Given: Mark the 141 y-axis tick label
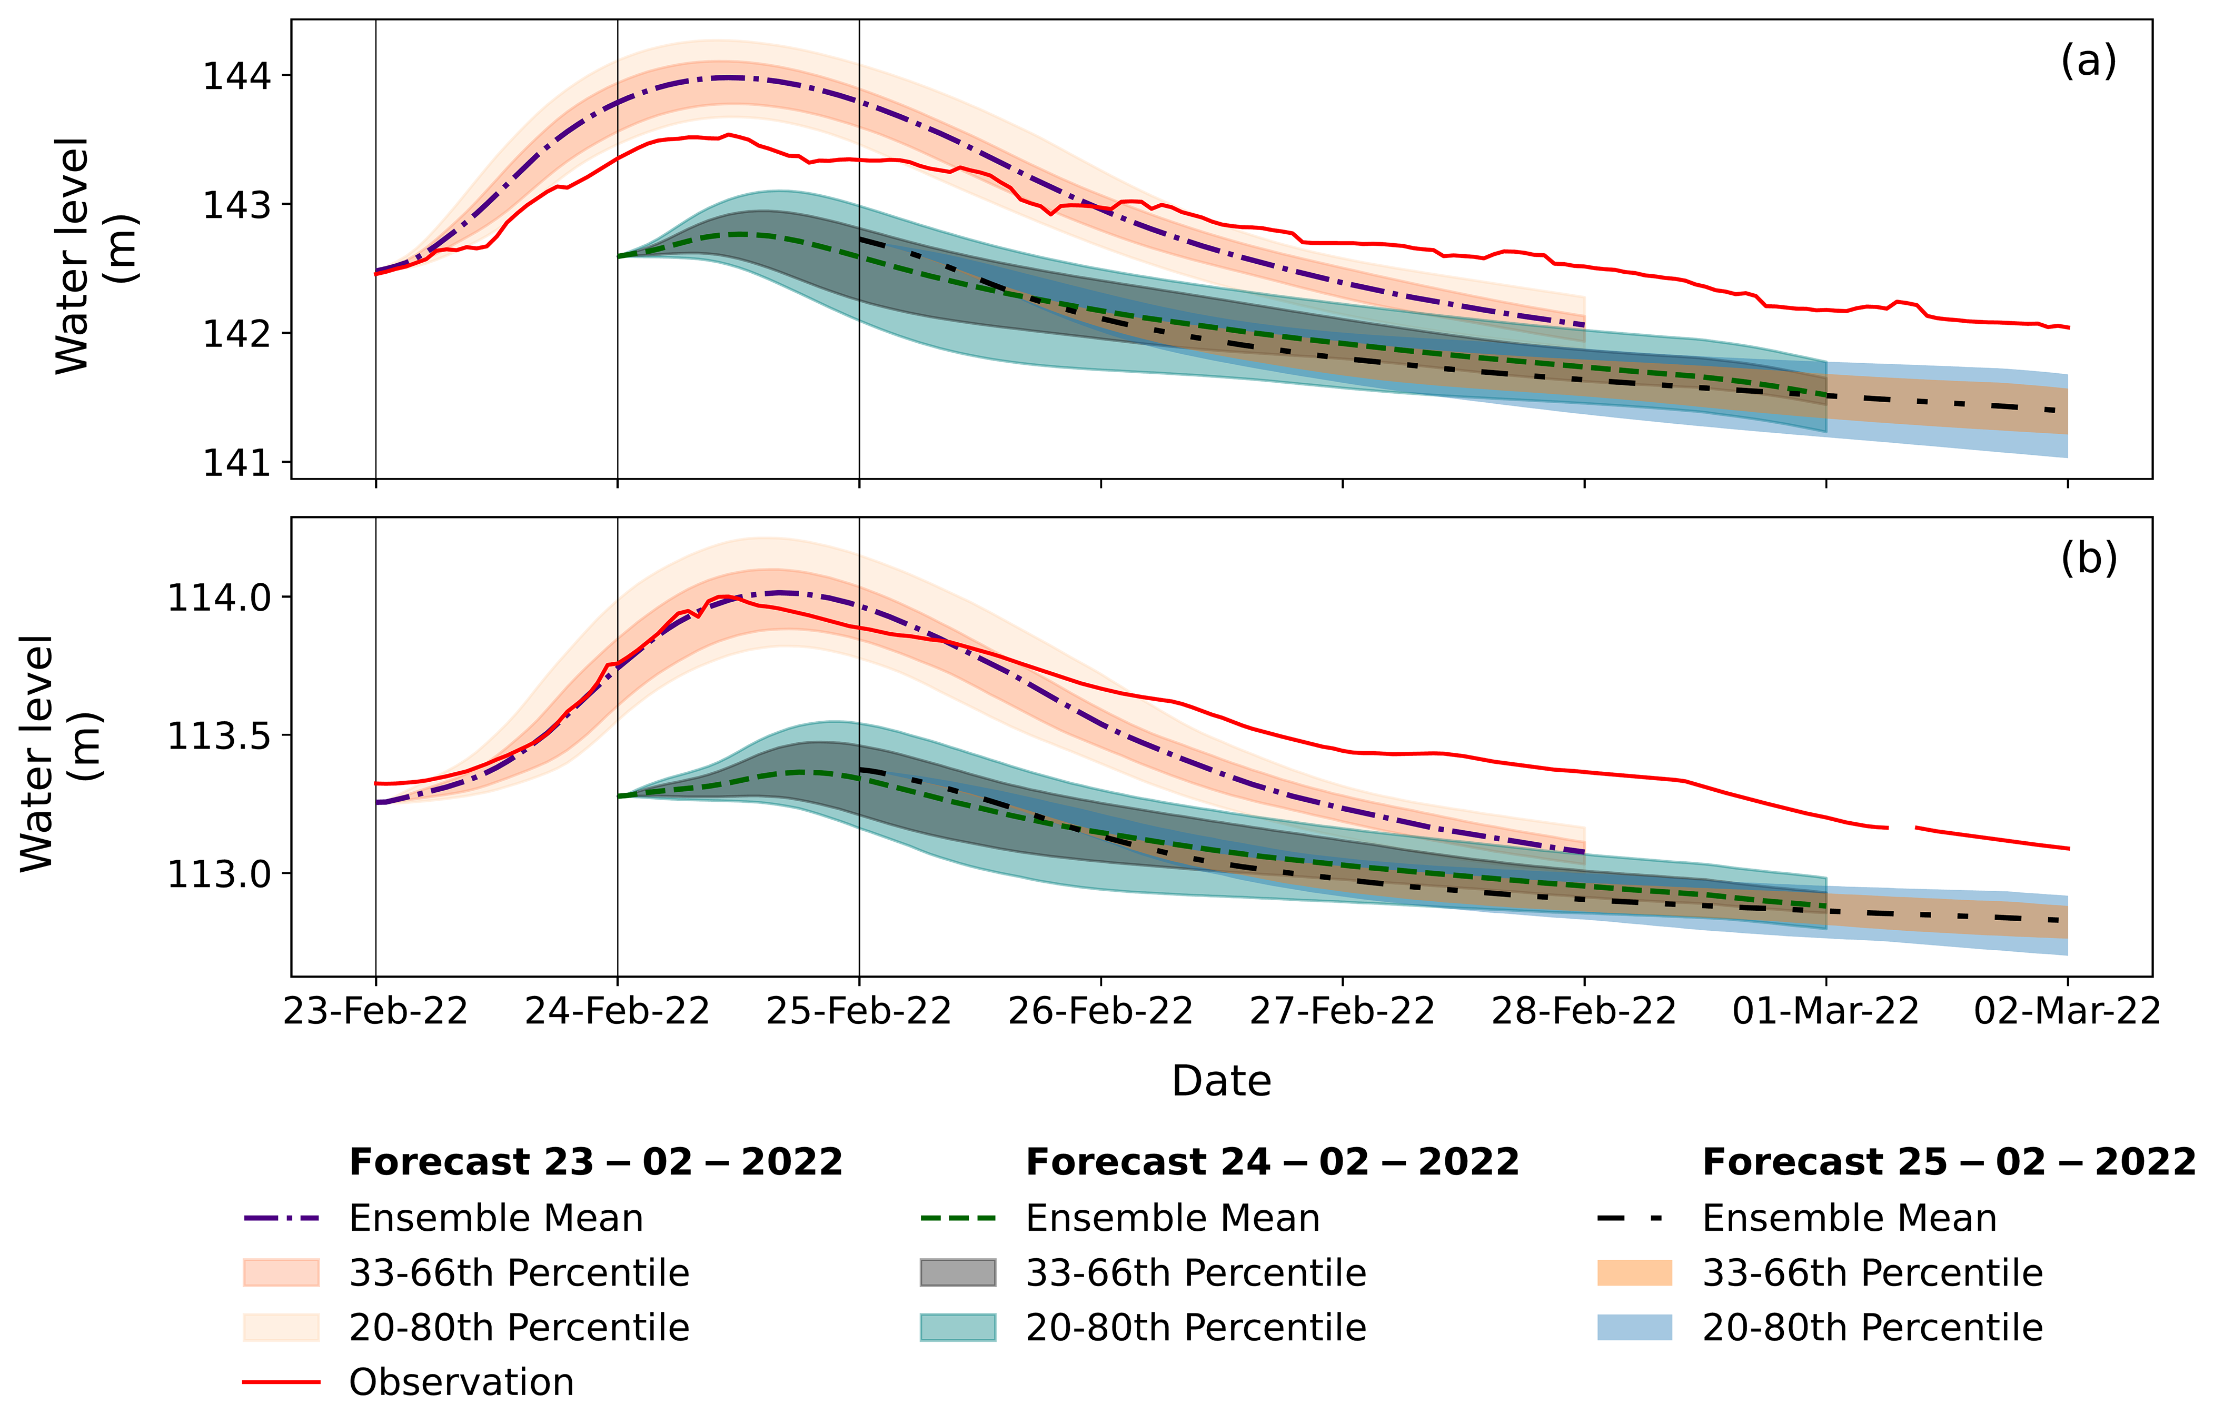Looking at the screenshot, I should click(x=237, y=462).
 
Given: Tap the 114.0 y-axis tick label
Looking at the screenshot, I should click(x=219, y=598).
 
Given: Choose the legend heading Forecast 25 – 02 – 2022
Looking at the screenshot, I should click(x=1948, y=1162).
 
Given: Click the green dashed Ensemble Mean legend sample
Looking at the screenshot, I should click(x=957, y=1218).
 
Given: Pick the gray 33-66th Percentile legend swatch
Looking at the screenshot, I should click(x=957, y=1272).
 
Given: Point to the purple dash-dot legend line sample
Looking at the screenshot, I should click(x=281, y=1218).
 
